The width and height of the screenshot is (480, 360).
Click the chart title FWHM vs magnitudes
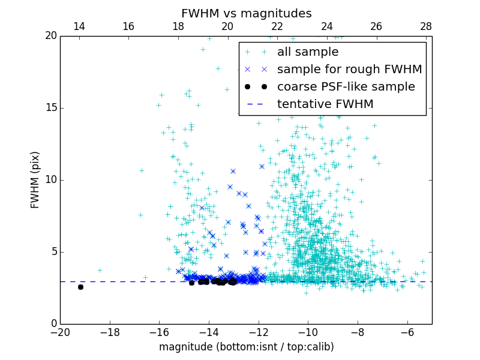(246, 13)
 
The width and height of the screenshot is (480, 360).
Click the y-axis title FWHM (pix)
(35, 179)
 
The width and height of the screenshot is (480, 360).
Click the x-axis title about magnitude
(246, 347)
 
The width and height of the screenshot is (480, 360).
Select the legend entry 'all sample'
(308, 52)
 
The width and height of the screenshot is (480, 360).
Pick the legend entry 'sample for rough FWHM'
(349, 70)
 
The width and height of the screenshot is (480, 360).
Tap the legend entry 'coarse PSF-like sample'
(346, 87)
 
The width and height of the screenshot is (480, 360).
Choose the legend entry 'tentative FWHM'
(325, 104)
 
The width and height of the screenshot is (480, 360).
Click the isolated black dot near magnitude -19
(80, 287)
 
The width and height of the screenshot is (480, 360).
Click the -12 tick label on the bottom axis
(259, 332)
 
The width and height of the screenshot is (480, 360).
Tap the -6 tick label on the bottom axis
(407, 332)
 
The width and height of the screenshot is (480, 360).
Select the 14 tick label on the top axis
(79, 26)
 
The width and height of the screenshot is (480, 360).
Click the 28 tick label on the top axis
(426, 26)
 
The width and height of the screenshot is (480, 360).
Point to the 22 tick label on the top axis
(277, 26)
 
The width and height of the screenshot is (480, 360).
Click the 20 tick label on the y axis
(50, 36)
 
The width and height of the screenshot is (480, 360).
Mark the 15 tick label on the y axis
(50, 108)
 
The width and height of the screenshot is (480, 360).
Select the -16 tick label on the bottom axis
(159, 332)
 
